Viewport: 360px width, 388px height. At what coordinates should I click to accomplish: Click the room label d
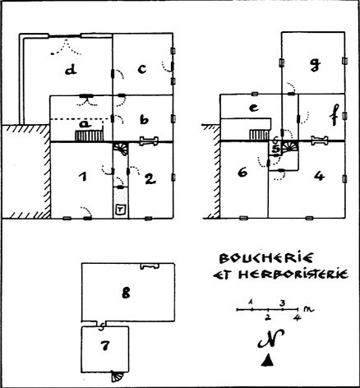71,70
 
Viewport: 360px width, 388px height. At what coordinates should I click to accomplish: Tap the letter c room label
142,68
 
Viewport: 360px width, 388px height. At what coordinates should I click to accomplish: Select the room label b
144,119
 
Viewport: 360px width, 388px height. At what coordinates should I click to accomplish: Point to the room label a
85,124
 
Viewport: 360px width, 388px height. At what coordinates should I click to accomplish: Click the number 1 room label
84,177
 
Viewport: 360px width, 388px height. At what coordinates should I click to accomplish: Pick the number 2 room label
150,179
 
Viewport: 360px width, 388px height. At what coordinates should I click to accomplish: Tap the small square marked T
121,210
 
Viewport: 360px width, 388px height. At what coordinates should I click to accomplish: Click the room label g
315,65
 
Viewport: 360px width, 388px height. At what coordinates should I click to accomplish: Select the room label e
253,108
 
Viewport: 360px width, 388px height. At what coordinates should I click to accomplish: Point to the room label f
335,115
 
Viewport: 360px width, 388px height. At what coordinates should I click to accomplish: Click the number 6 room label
242,173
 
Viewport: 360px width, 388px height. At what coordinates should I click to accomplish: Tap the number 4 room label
320,176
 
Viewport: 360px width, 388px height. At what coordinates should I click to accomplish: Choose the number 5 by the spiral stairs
277,150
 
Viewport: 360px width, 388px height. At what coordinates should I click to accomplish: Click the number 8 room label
126,293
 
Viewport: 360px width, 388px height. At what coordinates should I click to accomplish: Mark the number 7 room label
105,345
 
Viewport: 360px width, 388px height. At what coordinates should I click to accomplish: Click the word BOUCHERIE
265,258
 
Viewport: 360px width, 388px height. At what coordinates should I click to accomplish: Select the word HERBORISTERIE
293,274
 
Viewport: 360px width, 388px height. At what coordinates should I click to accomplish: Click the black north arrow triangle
267,360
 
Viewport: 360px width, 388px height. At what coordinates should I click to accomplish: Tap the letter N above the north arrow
270,339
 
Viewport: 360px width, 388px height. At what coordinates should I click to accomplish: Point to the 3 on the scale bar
282,303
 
